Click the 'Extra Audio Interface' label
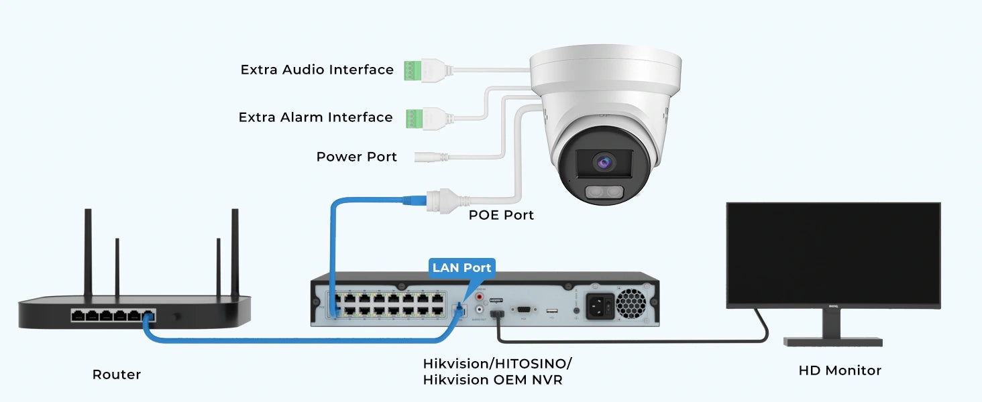pyautogui.click(x=317, y=70)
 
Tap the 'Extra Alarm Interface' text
pyautogui.click(x=315, y=117)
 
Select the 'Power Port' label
pyautogui.click(x=356, y=157)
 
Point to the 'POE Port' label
pyautogui.click(x=501, y=215)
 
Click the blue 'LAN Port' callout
pyautogui.click(x=461, y=268)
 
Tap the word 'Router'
pyautogui.click(x=117, y=375)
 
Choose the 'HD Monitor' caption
pyautogui.click(x=839, y=371)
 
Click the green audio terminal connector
pyautogui.click(x=410, y=70)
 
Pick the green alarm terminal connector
pyautogui.click(x=411, y=117)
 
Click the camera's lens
pyautogui.click(x=603, y=161)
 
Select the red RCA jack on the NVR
pyautogui.click(x=480, y=296)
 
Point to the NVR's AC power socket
pyautogui.click(x=600, y=306)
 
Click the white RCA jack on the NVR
pyautogui.click(x=480, y=310)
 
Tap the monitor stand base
pyautogui.click(x=833, y=342)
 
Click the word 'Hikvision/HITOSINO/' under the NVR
pyautogui.click(x=497, y=364)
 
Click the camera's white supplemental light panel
pyautogui.click(x=604, y=193)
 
